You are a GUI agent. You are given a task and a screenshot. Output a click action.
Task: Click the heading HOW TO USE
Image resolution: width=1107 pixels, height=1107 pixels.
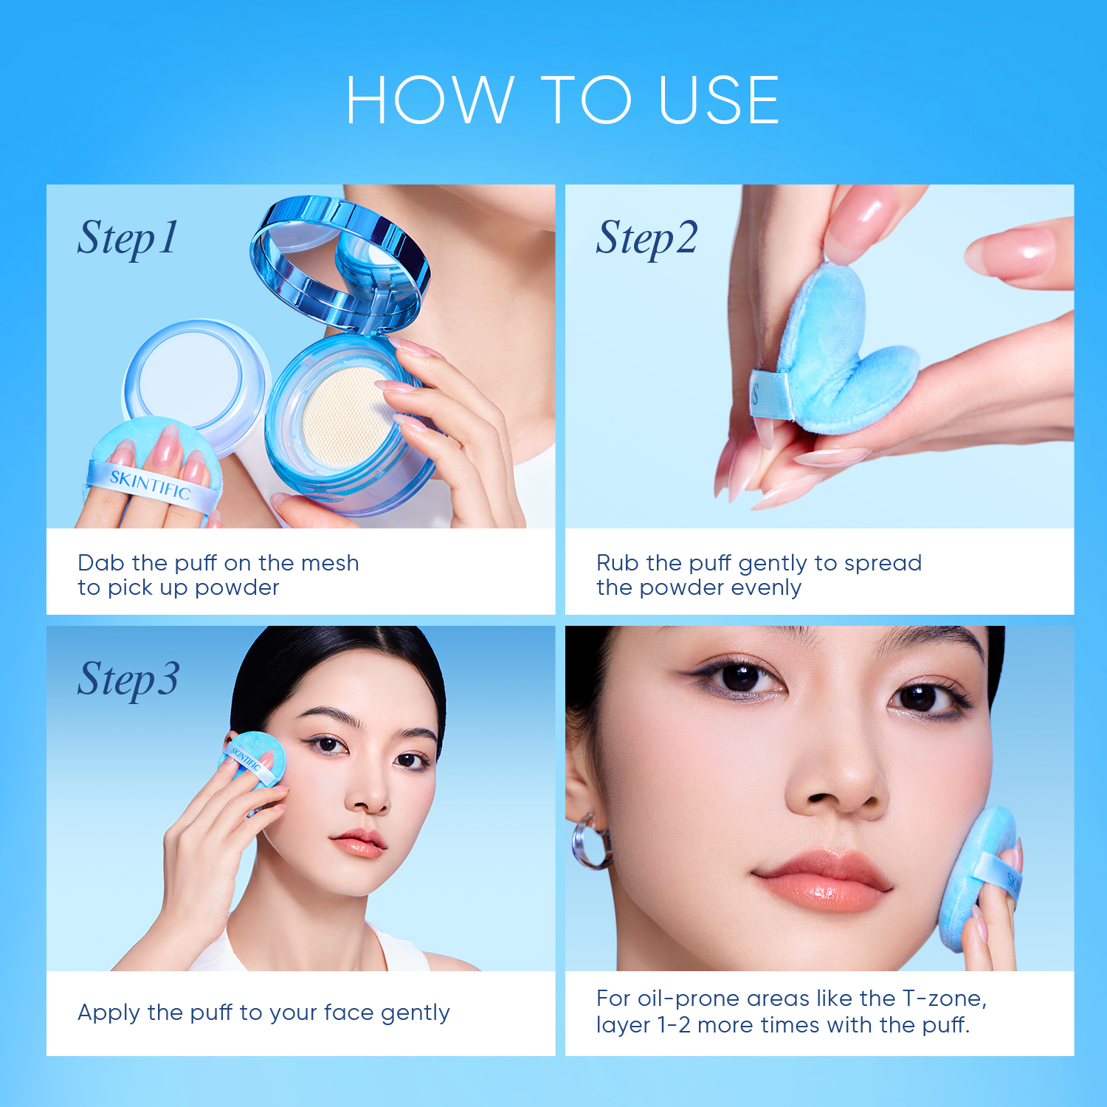tap(562, 100)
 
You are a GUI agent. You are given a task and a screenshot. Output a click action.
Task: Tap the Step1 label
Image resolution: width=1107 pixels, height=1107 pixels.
tap(127, 238)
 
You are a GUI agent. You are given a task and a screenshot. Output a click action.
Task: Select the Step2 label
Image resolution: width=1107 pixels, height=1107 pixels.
tap(646, 238)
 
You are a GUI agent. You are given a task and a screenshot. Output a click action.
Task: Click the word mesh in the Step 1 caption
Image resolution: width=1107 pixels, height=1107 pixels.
tap(330, 563)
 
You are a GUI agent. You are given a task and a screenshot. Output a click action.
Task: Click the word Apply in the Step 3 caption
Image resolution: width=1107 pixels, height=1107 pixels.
tap(108, 1013)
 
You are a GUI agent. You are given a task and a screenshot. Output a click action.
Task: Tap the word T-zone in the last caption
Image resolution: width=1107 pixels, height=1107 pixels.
tap(943, 999)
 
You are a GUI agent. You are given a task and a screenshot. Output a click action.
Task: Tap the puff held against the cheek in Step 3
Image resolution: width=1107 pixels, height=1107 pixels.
tap(255, 760)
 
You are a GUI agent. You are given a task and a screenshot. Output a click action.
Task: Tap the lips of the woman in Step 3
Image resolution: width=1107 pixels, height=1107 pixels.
tap(359, 843)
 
